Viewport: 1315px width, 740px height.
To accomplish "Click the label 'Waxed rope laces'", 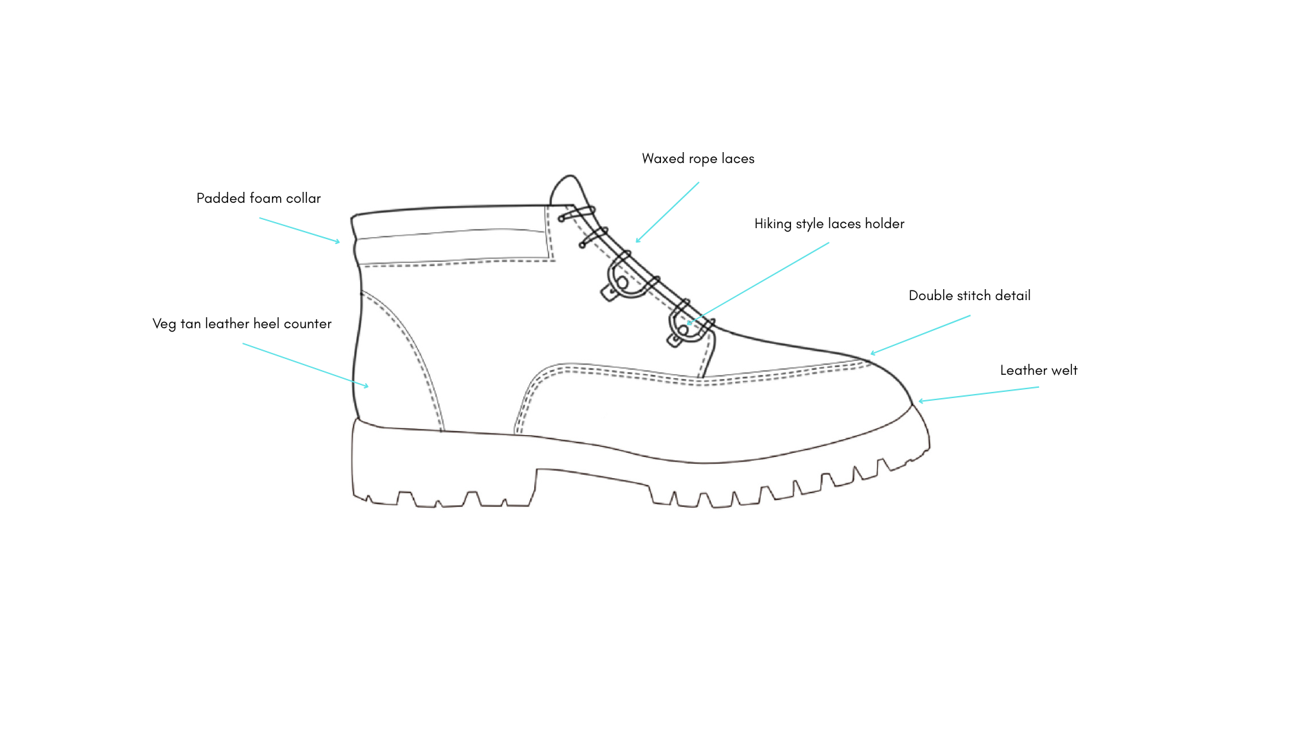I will [x=698, y=159].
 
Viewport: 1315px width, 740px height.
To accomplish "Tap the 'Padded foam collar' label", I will [x=258, y=199].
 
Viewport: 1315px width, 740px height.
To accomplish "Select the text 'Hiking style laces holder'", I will [x=829, y=224].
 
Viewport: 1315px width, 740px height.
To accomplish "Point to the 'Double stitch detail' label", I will [x=969, y=296].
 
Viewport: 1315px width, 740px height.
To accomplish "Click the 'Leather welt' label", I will [x=1038, y=371].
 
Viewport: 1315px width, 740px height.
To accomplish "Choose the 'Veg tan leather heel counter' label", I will [x=242, y=324].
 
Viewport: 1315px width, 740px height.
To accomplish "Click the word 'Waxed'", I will [x=663, y=159].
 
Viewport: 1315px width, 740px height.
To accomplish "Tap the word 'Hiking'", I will [x=773, y=224].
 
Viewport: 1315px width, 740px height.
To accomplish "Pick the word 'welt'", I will [x=1062, y=371].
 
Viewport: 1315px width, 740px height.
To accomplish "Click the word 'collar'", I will [x=303, y=199].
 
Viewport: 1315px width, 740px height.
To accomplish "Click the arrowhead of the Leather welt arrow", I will [x=920, y=401].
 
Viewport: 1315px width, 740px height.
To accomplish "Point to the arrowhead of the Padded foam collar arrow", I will [x=338, y=241].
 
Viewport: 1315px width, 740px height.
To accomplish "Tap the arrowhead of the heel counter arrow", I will [x=366, y=386].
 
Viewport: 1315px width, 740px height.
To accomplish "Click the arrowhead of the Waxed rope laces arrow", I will [x=638, y=241].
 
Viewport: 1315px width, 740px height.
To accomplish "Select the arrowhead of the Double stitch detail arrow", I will [x=873, y=354].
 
